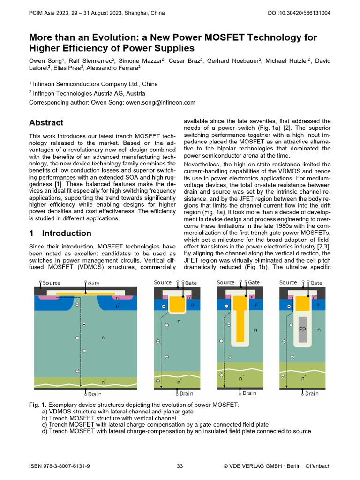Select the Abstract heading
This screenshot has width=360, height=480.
click(x=46, y=123)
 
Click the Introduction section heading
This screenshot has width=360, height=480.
click(x=67, y=233)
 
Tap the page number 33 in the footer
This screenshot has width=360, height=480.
click(x=180, y=466)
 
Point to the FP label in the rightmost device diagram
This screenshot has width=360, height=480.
click(x=302, y=330)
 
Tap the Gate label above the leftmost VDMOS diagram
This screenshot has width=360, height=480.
click(x=94, y=284)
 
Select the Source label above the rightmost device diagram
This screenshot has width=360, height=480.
click(x=288, y=282)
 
